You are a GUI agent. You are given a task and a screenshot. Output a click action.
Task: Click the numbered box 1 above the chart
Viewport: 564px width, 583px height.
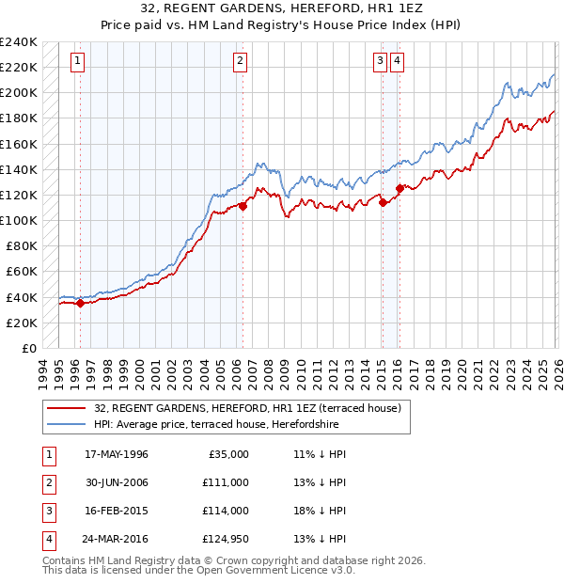point(77,62)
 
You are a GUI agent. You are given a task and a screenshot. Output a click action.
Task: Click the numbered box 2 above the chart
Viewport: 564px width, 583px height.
point(241,62)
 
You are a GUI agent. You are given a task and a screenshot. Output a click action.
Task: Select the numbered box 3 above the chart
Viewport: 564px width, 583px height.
point(381,62)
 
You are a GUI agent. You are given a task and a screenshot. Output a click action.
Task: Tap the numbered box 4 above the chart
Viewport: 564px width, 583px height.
point(398,62)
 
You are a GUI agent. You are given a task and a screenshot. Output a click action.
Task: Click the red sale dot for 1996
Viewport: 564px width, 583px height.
point(80,303)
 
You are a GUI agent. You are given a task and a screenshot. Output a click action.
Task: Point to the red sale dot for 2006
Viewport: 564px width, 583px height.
point(243,206)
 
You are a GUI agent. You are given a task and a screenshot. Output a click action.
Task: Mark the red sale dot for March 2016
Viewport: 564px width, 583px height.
point(399,188)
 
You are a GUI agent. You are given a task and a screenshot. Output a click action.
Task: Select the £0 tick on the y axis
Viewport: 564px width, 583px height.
point(28,348)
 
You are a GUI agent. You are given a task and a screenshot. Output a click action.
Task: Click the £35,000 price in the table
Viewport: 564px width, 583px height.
point(226,454)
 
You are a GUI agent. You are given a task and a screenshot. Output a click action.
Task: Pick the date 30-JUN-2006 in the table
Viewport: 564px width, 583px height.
point(117,482)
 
